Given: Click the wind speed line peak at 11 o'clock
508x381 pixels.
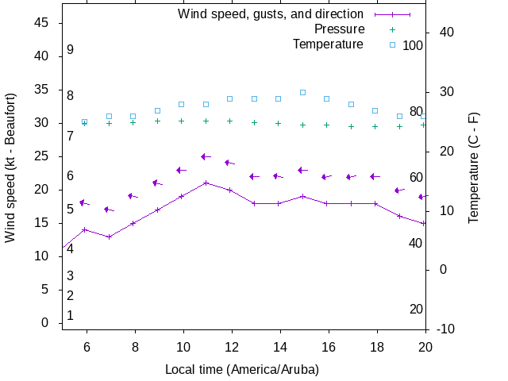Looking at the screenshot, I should pos(206,183).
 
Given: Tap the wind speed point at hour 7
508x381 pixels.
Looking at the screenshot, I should pos(109,237).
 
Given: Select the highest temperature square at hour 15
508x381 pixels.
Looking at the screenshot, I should pos(303,92).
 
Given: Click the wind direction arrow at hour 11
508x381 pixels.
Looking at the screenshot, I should pos(206,157).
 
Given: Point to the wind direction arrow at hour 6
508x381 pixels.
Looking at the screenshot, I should pos(84,203).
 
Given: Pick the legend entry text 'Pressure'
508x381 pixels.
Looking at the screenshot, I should pos(339,29).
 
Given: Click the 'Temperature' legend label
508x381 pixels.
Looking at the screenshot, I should pos(328,44).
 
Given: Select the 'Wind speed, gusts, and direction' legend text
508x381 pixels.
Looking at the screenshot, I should pos(271,14).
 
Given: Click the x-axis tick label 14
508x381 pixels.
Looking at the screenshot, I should pos(279,346).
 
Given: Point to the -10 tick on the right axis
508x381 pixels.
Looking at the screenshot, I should pos(445,329).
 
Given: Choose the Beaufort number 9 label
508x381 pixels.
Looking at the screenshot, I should pos(71,49).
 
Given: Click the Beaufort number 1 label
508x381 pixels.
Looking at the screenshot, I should pos(71,315).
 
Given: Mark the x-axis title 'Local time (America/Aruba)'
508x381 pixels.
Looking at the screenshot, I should pos(242,369).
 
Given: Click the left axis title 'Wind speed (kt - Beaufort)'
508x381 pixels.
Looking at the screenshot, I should pos(10,167).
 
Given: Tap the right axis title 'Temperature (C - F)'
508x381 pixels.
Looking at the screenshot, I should pos(474,167).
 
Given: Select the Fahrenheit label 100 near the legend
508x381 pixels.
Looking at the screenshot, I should pos(413,45).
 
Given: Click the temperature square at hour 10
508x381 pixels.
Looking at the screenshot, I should pos(182,104).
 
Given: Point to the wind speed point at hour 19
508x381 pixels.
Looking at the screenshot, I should pos(400,216).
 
